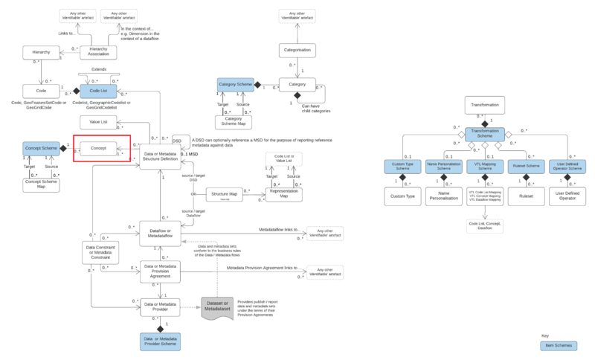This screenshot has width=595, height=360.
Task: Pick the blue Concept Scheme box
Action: [41, 149]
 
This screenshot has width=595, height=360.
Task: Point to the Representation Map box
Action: [285, 194]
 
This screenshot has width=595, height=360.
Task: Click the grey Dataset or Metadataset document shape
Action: [218, 306]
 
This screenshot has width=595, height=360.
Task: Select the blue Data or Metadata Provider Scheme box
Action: [161, 341]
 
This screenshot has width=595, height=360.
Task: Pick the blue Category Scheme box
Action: [236, 86]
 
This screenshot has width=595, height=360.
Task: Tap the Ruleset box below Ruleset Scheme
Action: [526, 196]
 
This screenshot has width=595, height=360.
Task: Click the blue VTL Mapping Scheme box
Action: [484, 167]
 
